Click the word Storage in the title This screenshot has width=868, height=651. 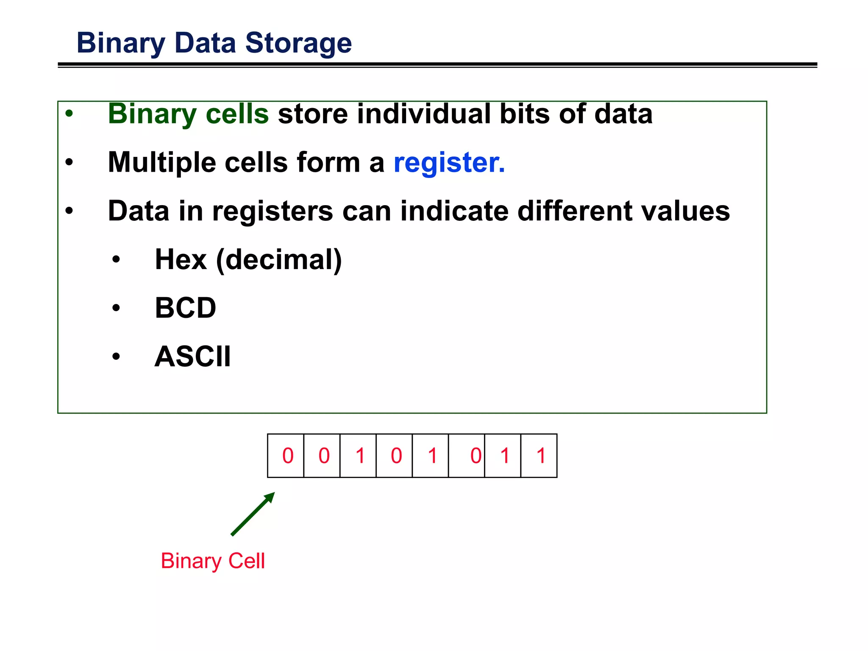click(298, 43)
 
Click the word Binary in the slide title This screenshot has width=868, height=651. click(121, 44)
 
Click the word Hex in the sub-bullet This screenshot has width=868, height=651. click(181, 259)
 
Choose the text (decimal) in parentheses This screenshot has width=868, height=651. click(279, 259)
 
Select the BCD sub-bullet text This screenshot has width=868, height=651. click(186, 308)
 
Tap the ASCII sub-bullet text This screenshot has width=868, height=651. click(193, 356)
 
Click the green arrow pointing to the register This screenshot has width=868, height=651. click(253, 514)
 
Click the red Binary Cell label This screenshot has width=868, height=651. click(213, 561)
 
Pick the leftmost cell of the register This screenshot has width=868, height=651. click(286, 456)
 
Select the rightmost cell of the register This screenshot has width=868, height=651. click(539, 456)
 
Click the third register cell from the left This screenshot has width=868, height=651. click(358, 456)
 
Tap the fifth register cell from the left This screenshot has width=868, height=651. click(430, 456)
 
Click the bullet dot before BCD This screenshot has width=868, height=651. click(116, 308)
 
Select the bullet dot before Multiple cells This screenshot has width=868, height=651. click(69, 162)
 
